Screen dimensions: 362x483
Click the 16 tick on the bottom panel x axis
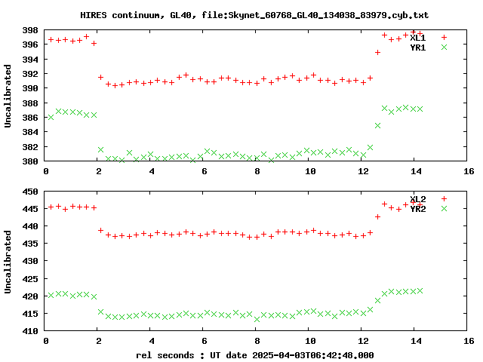(468, 341)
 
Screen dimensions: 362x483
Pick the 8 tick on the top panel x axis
(257, 171)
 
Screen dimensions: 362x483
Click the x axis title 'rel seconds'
(254, 354)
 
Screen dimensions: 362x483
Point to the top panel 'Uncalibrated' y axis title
(9, 96)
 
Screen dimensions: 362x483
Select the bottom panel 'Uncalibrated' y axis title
(9, 261)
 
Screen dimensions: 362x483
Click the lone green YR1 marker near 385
(377, 125)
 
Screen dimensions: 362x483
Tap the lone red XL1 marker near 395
(377, 52)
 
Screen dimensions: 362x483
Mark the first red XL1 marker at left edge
(51, 39)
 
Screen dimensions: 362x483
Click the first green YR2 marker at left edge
(51, 295)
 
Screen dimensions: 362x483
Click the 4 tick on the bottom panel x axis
(152, 341)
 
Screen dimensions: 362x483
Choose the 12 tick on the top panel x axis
(363, 171)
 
